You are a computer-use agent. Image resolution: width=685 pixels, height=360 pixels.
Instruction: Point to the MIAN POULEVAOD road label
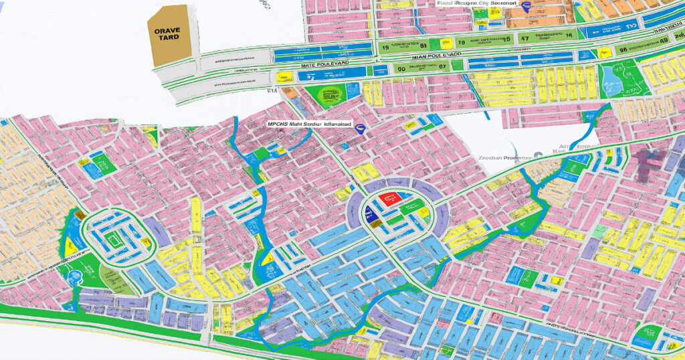tap(414, 56)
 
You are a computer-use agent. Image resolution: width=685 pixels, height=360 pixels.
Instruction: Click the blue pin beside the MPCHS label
tap(361, 128)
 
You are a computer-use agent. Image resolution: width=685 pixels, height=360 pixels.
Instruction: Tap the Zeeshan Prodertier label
tap(504, 157)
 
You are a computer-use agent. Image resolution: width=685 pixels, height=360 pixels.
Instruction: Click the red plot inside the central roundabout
tap(389, 198)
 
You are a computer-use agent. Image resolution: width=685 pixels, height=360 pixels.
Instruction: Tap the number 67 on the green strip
tap(442, 66)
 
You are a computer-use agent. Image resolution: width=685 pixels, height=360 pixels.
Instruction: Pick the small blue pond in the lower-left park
tap(72, 275)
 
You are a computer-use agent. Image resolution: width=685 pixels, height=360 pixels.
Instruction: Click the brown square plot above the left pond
tap(79, 215)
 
